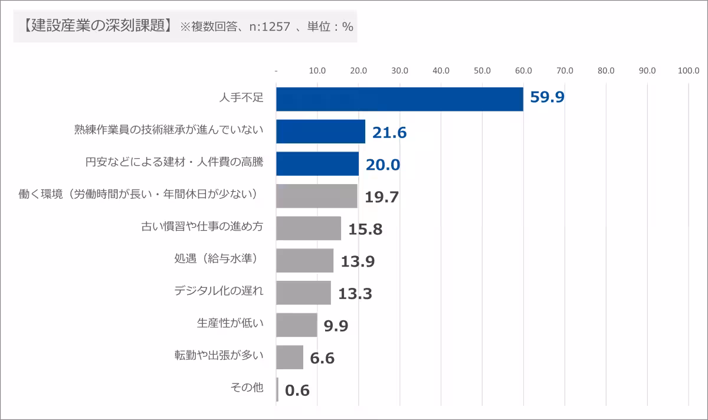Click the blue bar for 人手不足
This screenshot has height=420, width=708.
[399, 99]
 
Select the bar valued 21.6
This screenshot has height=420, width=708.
[320, 132]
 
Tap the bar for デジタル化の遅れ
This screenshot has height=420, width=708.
[303, 293]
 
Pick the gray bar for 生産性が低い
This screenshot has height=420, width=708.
[296, 325]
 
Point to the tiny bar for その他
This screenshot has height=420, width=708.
[277, 389]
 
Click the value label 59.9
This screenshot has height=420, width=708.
[547, 97]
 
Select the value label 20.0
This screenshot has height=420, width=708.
[382, 165]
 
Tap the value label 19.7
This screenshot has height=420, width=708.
[382, 197]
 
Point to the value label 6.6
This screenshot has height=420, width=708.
[322, 357]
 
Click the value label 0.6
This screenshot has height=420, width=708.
[297, 390]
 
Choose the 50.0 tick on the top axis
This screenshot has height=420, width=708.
[482, 71]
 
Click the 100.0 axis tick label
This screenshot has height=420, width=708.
[689, 71]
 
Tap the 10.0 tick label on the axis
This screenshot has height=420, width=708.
[317, 71]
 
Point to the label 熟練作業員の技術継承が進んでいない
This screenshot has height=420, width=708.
[168, 130]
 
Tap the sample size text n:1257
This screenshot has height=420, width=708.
[272, 27]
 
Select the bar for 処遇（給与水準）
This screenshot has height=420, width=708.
[304, 261]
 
